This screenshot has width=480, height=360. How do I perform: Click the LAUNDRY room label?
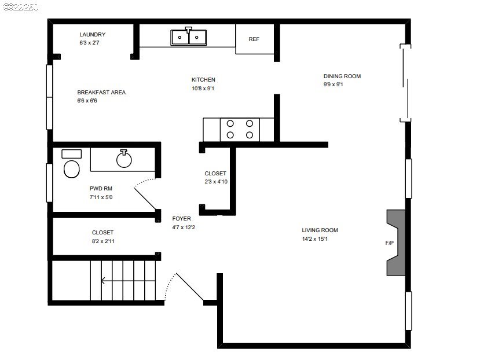(x=93, y=35)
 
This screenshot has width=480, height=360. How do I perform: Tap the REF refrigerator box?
(x=254, y=39)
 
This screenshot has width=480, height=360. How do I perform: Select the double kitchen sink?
(x=189, y=37)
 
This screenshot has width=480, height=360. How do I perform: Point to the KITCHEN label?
(x=203, y=80)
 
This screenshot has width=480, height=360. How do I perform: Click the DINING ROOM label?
(x=342, y=76)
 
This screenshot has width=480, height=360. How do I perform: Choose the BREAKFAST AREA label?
(x=101, y=93)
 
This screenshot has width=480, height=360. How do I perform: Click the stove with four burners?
(x=240, y=129)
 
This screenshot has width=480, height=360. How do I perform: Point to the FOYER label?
(x=181, y=219)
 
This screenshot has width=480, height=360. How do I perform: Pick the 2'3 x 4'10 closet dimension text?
(x=215, y=182)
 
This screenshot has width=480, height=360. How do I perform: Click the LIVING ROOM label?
(x=320, y=230)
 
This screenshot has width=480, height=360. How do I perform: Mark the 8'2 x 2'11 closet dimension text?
(x=106, y=241)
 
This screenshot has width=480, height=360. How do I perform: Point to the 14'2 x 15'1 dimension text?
(x=320, y=239)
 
